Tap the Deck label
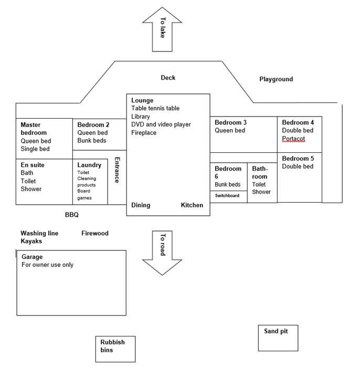168,78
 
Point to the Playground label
276,79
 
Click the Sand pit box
279,338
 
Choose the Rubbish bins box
115,349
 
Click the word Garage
33,257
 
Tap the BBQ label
71,215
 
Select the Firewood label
95,233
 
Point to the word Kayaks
31,241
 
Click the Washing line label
39,233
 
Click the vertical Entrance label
117,170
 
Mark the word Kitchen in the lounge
192,205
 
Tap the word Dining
141,205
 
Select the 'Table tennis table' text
155,108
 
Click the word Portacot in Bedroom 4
293,139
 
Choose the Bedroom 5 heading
298,159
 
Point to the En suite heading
33,165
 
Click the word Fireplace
144,133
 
